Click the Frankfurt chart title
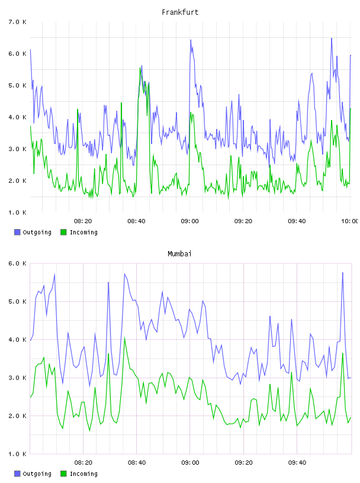[x=180, y=12]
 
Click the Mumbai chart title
[x=179, y=254]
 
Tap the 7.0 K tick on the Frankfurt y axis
[x=17, y=22]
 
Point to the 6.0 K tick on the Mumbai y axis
[x=17, y=263]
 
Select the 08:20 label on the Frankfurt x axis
[x=83, y=221]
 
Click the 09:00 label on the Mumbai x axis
[x=190, y=462]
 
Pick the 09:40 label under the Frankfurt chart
[x=297, y=221]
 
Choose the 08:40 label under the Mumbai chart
[x=137, y=462]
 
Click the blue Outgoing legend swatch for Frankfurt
[x=17, y=232]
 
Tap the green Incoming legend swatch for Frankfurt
[x=63, y=232]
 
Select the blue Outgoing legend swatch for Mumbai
[x=17, y=474]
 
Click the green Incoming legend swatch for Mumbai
[x=63, y=474]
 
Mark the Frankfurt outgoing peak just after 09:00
[x=191, y=40]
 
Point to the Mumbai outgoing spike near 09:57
[x=342, y=273]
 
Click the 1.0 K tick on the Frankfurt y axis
[x=17, y=212]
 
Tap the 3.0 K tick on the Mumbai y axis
[x=17, y=378]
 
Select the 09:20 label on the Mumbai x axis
[x=243, y=462]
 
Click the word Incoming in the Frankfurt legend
[x=83, y=232]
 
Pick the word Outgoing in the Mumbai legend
[x=37, y=474]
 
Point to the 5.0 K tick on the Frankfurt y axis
[x=17, y=85]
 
